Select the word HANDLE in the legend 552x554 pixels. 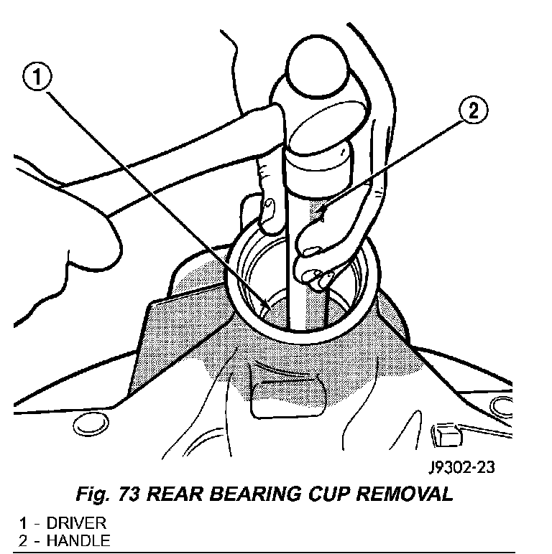pyautogui.click(x=78, y=540)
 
